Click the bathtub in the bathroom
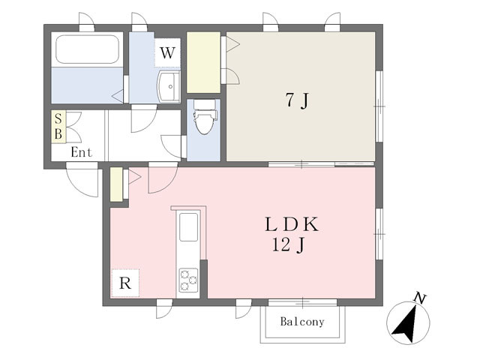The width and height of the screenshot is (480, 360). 87,49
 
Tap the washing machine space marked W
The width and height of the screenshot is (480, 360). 167,52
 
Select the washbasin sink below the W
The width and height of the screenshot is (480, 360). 168,87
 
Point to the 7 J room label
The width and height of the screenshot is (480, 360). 297,100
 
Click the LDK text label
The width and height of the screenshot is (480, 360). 292,224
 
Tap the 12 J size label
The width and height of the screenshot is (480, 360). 288,245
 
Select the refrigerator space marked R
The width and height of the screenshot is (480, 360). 125,283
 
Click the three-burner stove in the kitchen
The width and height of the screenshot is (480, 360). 188,280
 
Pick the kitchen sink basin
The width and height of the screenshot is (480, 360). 188,226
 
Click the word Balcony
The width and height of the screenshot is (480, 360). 302,322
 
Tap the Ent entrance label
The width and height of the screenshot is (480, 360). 81,152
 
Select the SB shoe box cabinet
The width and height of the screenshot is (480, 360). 58,127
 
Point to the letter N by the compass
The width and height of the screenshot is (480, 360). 420,298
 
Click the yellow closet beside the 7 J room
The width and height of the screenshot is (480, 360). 203,62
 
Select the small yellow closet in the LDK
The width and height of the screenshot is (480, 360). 116,184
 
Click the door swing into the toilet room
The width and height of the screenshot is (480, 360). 171,147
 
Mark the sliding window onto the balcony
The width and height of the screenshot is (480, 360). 302,302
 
